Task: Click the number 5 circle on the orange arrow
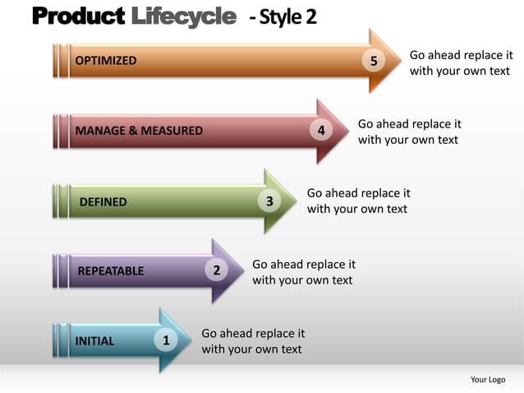pyautogui.click(x=375, y=61)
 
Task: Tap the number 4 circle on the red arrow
pyautogui.click(x=321, y=131)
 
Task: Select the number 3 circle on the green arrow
pyautogui.click(x=269, y=201)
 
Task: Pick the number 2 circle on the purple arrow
pyautogui.click(x=216, y=270)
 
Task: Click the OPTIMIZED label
pyautogui.click(x=106, y=61)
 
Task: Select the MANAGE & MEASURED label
pyautogui.click(x=139, y=131)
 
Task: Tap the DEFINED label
pyautogui.click(x=103, y=201)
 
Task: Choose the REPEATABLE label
pyautogui.click(x=110, y=271)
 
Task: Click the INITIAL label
pyautogui.click(x=94, y=341)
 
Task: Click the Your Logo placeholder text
pyautogui.click(x=488, y=379)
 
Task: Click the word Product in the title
pyautogui.click(x=79, y=16)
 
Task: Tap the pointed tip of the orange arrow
pyautogui.click(x=399, y=61)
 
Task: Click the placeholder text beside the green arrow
pyautogui.click(x=358, y=201)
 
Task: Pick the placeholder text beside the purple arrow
pyautogui.click(x=303, y=272)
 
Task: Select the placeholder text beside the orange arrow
pyautogui.click(x=461, y=62)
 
